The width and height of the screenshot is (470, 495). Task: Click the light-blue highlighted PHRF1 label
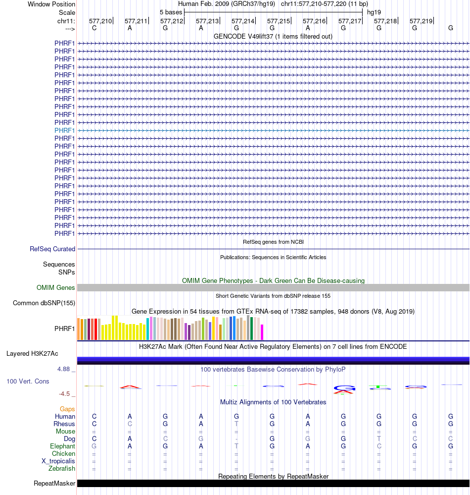click(65, 130)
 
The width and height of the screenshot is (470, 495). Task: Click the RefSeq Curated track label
click(52, 249)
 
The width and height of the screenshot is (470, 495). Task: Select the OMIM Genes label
click(56, 288)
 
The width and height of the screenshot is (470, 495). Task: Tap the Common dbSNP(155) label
click(44, 303)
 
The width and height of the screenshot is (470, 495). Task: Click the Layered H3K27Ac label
click(32, 354)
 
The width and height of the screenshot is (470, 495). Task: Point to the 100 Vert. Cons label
click(28, 381)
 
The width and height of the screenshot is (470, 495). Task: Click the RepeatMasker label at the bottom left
click(54, 484)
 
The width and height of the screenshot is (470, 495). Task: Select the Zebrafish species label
click(62, 469)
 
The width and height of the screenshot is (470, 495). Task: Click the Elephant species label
click(63, 446)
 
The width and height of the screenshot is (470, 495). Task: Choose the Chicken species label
click(64, 454)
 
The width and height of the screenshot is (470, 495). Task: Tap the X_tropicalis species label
click(58, 461)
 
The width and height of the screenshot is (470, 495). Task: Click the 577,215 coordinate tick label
click(279, 21)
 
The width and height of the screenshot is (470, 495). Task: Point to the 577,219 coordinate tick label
click(421, 21)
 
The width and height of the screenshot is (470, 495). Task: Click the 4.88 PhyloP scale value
click(64, 369)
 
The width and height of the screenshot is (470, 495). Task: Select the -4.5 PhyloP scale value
click(65, 394)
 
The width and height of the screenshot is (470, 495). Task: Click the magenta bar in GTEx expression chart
click(262, 332)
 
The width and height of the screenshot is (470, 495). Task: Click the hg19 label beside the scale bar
click(374, 12)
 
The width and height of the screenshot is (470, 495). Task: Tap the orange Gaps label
click(67, 409)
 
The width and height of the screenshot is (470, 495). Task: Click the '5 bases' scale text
click(171, 12)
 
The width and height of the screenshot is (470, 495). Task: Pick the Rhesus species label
click(64, 424)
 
